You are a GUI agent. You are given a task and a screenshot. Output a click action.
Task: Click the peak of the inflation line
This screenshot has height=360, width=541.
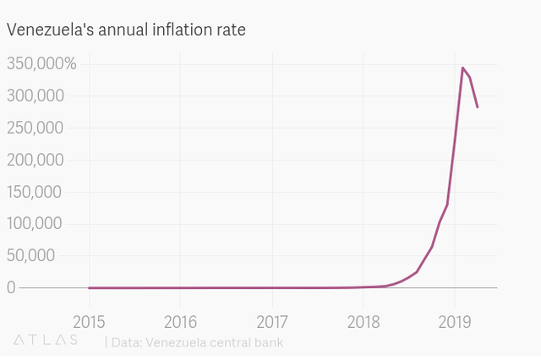(462, 68)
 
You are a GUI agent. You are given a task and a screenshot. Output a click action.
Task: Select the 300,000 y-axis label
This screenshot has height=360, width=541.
(36, 96)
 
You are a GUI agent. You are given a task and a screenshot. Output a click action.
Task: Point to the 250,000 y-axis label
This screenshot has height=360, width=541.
(36, 128)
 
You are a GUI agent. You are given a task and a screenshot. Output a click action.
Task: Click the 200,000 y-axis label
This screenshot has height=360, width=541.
(36, 160)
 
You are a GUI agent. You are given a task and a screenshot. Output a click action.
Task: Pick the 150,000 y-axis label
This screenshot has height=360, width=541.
(36, 192)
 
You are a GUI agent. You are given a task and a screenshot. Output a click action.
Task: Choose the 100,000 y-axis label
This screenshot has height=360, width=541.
(36, 224)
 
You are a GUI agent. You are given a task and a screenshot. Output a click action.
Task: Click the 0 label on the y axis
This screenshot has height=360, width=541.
(11, 288)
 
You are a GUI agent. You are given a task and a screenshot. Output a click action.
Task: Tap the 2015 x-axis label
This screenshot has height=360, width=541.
(89, 321)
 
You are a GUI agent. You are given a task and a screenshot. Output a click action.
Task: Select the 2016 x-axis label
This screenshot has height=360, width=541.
(180, 321)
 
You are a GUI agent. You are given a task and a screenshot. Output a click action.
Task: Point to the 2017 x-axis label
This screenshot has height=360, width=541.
(271, 321)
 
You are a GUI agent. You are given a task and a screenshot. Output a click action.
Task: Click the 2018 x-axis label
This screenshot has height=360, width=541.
(363, 321)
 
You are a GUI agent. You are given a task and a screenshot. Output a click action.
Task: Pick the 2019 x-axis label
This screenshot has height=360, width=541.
(455, 321)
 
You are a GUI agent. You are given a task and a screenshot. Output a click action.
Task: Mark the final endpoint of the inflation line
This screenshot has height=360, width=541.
(478, 107)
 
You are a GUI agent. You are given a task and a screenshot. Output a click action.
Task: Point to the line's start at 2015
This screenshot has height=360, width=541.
(89, 288)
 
